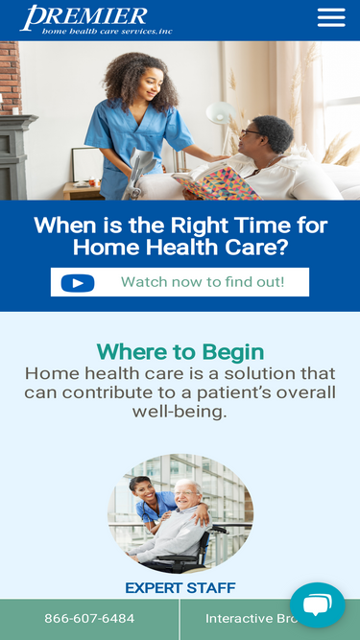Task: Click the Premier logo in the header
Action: (96, 19)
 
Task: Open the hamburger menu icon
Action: (331, 18)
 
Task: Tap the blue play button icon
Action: (78, 283)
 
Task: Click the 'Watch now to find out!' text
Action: (203, 282)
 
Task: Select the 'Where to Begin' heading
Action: (180, 352)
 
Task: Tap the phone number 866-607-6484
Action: (89, 619)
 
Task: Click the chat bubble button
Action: (317, 604)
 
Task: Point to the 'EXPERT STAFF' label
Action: (180, 588)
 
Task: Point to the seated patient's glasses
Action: (252, 132)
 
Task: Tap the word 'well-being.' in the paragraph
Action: (180, 412)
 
